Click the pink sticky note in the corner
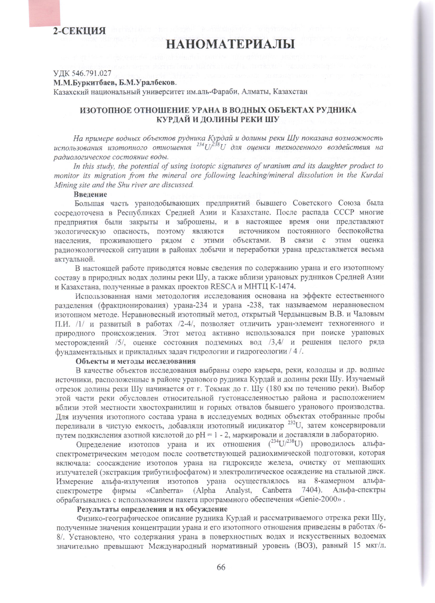44,13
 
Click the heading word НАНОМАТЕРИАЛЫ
230,44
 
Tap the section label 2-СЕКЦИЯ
79,31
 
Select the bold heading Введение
90,194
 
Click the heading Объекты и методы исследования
135,361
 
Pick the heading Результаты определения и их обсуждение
152,509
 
